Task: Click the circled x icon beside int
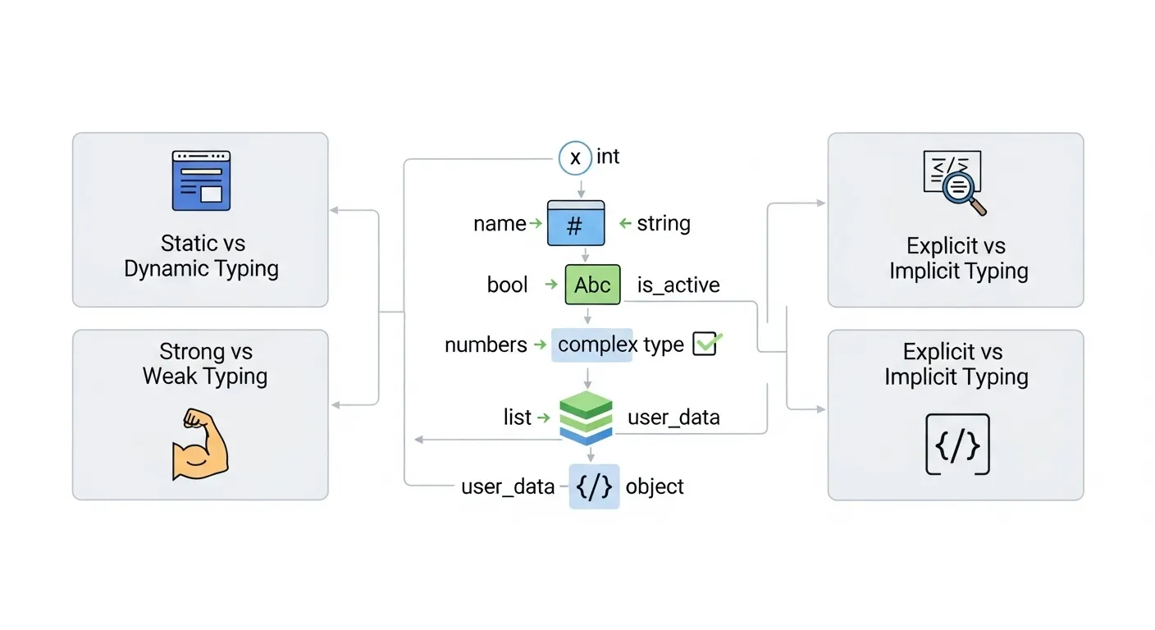[x=575, y=157]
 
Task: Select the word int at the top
[x=608, y=157]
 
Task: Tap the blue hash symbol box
[x=576, y=223]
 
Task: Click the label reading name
[x=499, y=223]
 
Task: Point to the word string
[x=663, y=223]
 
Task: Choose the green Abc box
[x=592, y=285]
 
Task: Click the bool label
[x=507, y=285]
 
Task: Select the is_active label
[x=678, y=285]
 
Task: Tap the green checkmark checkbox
[x=705, y=344]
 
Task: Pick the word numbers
[x=486, y=345]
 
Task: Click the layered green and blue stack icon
[x=586, y=418]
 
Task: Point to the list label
[x=517, y=418]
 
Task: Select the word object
[x=655, y=486]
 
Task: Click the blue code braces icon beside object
[x=594, y=486]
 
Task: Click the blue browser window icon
[x=201, y=180]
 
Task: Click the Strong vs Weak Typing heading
[x=204, y=364]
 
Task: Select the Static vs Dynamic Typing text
[x=201, y=256]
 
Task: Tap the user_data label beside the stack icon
[x=673, y=418]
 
